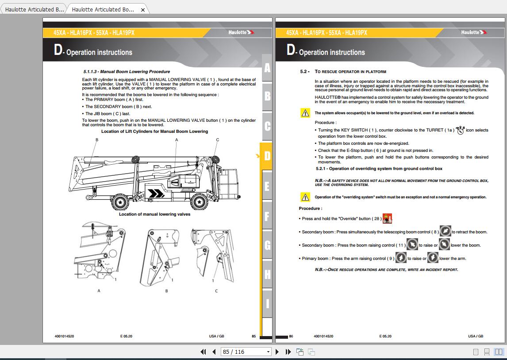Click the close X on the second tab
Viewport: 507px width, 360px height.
click(143, 9)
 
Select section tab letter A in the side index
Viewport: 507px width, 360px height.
click(267, 68)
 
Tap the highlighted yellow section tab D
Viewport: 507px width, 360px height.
click(267, 156)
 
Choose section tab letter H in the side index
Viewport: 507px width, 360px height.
click(267, 275)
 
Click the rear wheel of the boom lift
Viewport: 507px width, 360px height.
click(120, 202)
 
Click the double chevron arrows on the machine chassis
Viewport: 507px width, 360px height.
click(156, 194)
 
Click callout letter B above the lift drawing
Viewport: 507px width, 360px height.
click(97, 140)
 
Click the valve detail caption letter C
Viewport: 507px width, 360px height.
click(216, 291)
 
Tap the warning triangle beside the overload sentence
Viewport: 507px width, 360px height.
click(305, 113)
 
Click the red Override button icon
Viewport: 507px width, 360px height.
click(387, 218)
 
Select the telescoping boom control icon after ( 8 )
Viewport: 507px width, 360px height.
click(445, 231)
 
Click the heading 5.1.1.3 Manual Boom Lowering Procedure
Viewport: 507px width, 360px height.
click(127, 71)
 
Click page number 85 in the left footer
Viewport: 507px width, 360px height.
click(253, 336)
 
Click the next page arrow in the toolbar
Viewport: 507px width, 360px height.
click(277, 352)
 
